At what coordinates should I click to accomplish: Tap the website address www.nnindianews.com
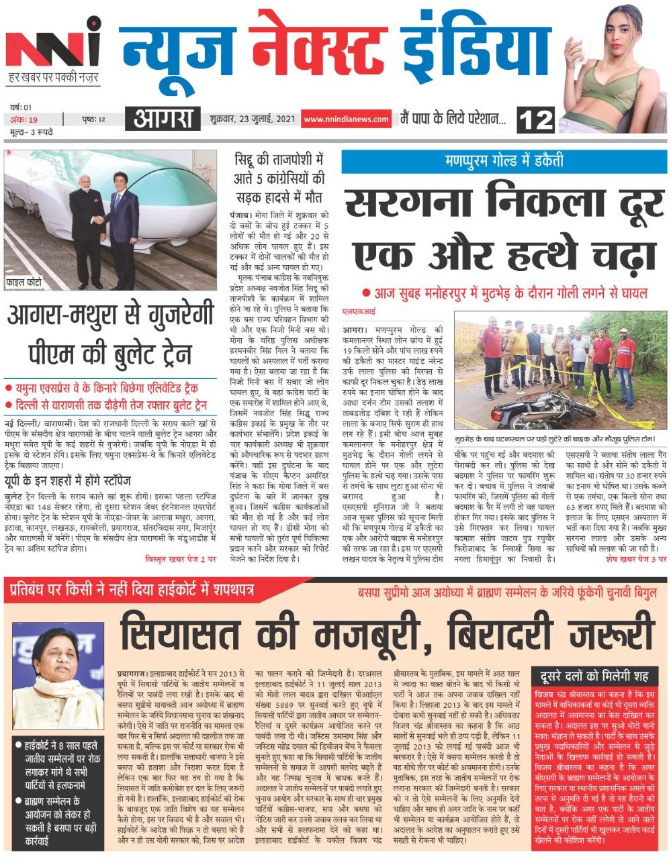pyautogui.click(x=346, y=119)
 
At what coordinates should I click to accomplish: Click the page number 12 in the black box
pyautogui.click(x=537, y=120)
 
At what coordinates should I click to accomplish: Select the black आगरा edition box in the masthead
pyautogui.click(x=162, y=119)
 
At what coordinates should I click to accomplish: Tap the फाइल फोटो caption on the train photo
pyautogui.click(x=24, y=282)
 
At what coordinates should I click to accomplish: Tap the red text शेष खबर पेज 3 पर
pyautogui.click(x=635, y=558)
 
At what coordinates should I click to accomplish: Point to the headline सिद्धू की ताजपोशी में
pyautogui.click(x=278, y=161)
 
